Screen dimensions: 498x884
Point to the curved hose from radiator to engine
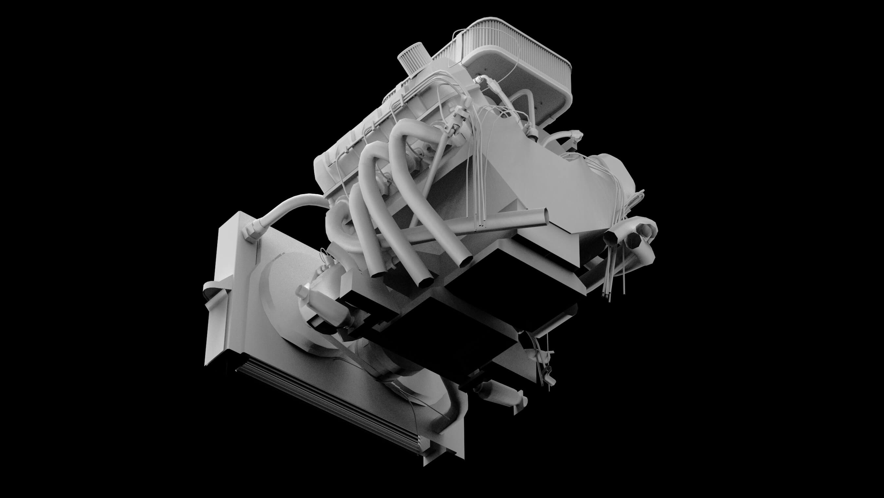(x=292, y=206)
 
